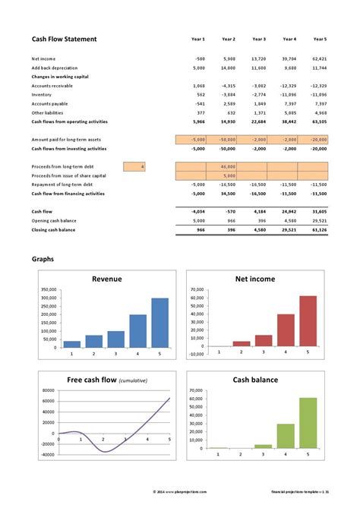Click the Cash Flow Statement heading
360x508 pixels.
[x=64, y=39]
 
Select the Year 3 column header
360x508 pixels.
[x=259, y=39]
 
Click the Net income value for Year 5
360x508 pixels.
[x=319, y=58]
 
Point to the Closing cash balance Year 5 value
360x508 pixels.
[x=319, y=229]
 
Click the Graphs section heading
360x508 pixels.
[x=43, y=259]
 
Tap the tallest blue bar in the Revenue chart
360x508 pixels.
[x=159, y=322]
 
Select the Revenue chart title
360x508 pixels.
[x=106, y=279]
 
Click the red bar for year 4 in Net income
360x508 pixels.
[x=285, y=330]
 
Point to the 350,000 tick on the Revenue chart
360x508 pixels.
[x=48, y=289]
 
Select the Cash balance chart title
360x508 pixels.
[x=255, y=380]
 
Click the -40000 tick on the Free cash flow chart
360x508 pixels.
[x=47, y=456]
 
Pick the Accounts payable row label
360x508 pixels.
[x=49, y=104]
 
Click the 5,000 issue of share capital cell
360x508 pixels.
[x=229, y=175]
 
